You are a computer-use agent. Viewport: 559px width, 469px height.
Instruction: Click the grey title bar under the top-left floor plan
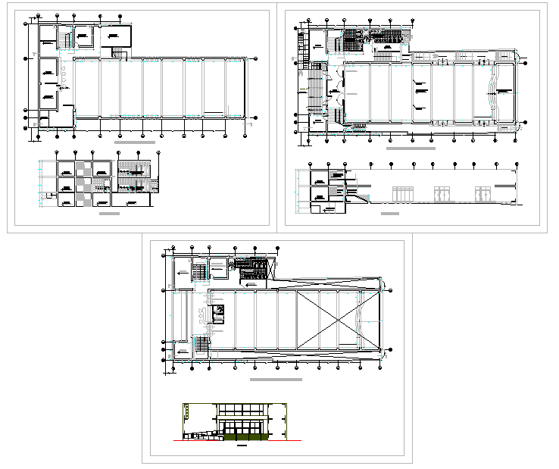[134, 142]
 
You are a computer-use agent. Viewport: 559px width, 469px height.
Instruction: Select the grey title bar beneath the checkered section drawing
[110, 215]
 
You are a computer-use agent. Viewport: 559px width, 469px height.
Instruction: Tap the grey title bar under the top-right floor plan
[411, 149]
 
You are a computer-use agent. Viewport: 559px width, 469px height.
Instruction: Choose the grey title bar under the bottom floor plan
[276, 379]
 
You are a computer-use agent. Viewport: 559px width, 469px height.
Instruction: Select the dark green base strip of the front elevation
[247, 436]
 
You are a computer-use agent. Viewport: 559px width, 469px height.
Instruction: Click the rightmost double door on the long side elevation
[482, 194]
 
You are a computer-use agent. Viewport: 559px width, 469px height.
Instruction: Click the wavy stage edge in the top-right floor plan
[494, 91]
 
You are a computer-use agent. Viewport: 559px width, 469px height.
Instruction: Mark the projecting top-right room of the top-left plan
[115, 36]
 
